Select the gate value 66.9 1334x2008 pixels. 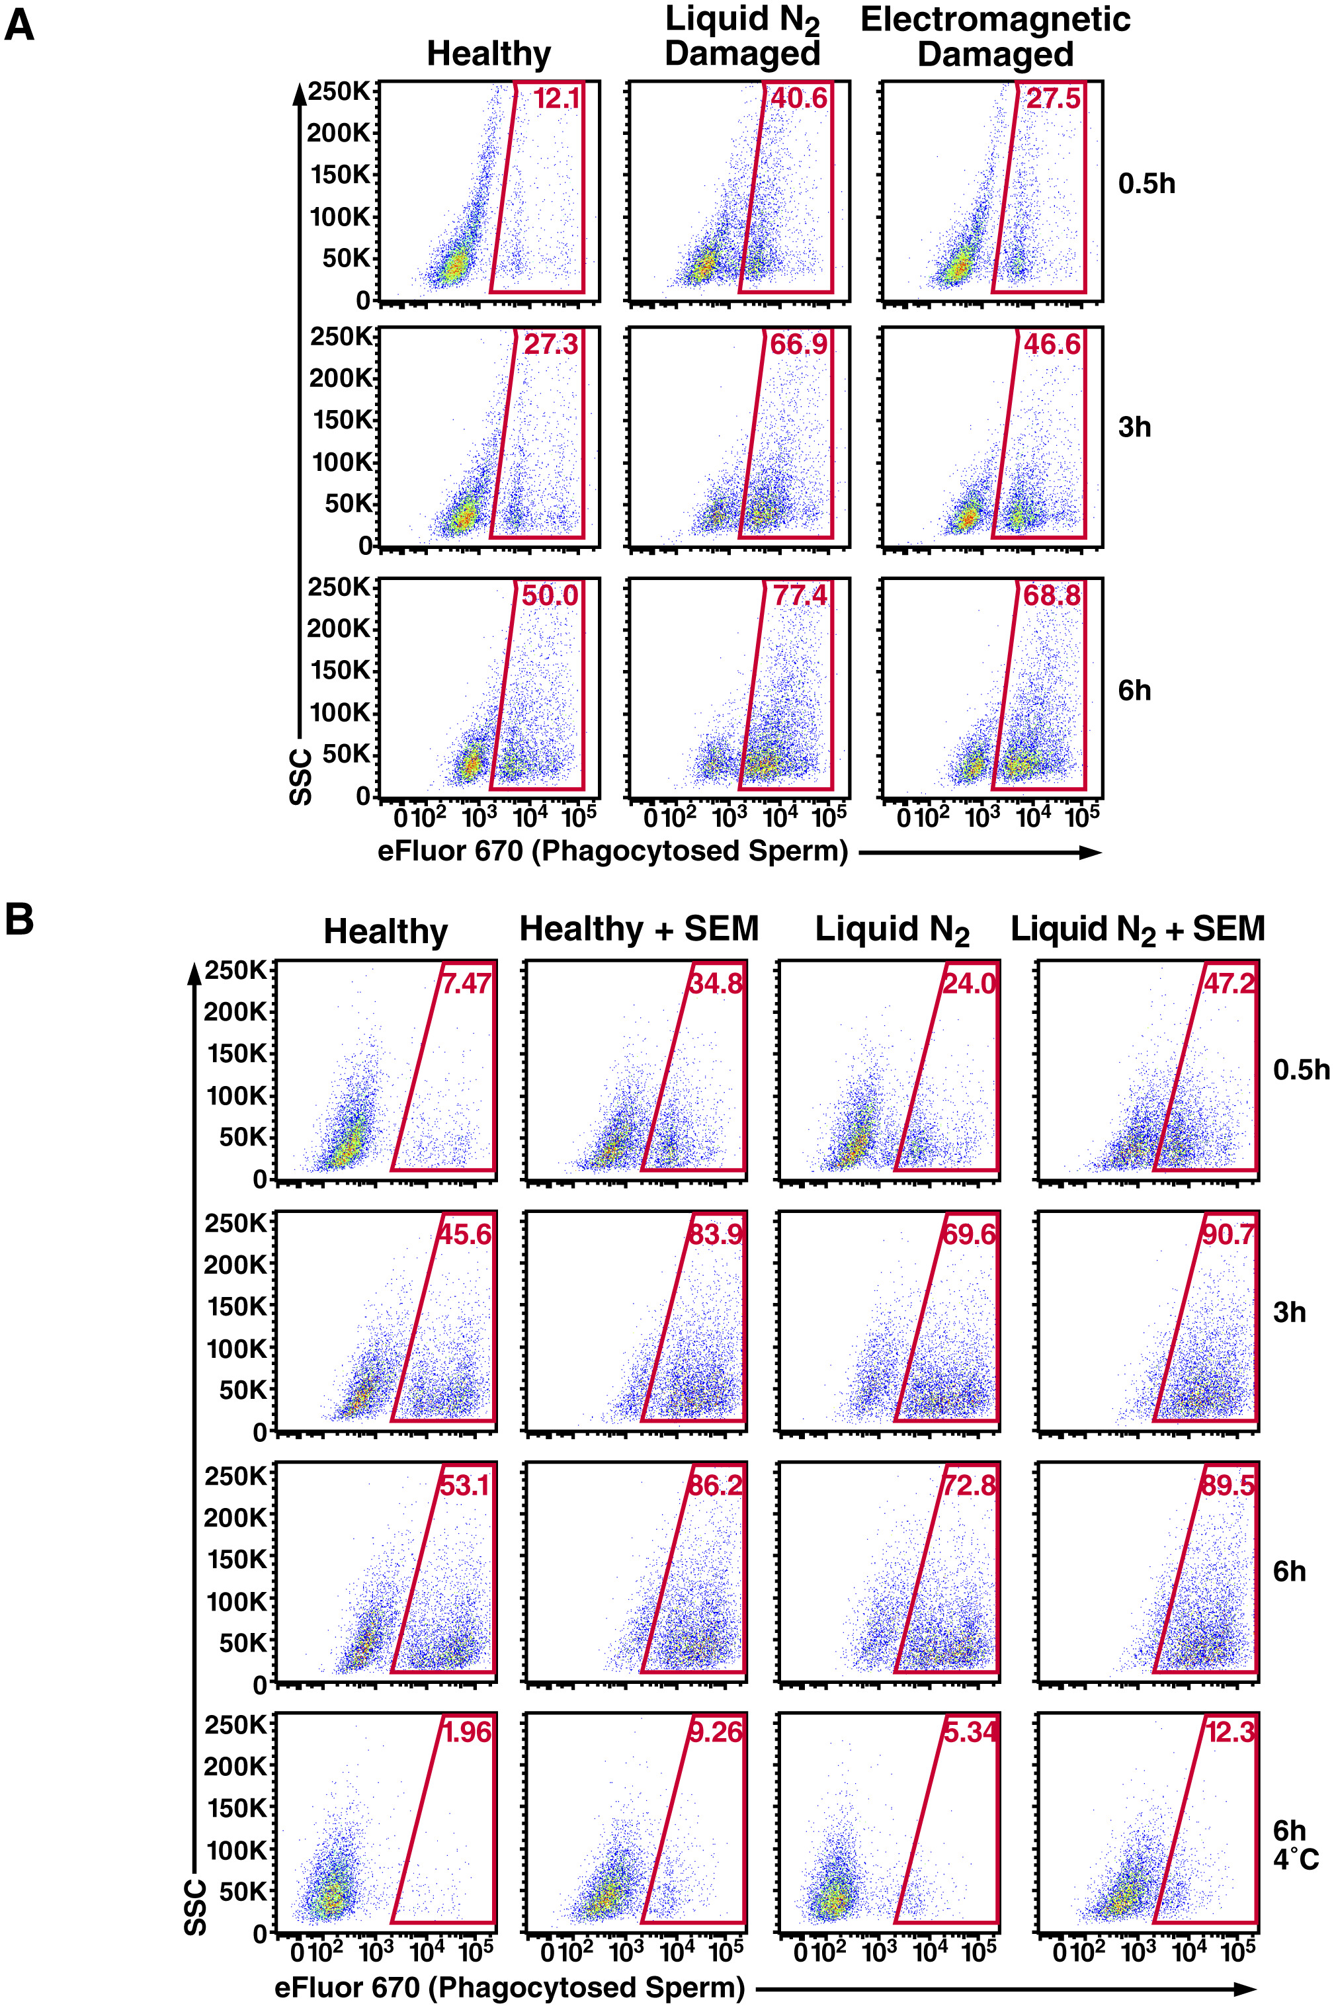pos(798,345)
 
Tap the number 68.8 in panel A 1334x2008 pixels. pos(1052,595)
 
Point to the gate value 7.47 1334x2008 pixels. pos(466,983)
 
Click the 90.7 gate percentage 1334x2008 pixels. pos(1228,1234)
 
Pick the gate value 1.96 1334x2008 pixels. pos(467,1732)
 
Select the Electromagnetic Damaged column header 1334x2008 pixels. pos(995,36)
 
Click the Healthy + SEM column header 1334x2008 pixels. pos(639,929)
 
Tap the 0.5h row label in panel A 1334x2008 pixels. pos(1146,184)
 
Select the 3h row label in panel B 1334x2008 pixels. pos(1289,1312)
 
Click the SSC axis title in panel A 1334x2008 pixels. pos(301,776)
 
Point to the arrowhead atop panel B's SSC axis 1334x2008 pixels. pos(195,971)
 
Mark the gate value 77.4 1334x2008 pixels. pos(800,595)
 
